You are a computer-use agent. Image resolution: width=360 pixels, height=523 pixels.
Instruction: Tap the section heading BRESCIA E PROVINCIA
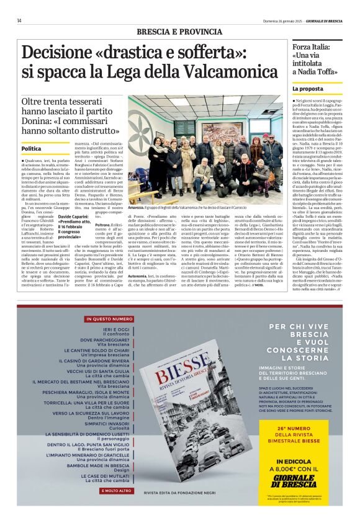click(x=180, y=31)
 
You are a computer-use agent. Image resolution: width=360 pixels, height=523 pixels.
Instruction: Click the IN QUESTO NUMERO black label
click(x=101, y=319)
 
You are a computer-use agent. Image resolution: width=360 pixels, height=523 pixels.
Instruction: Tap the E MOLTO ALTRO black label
click(x=101, y=490)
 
